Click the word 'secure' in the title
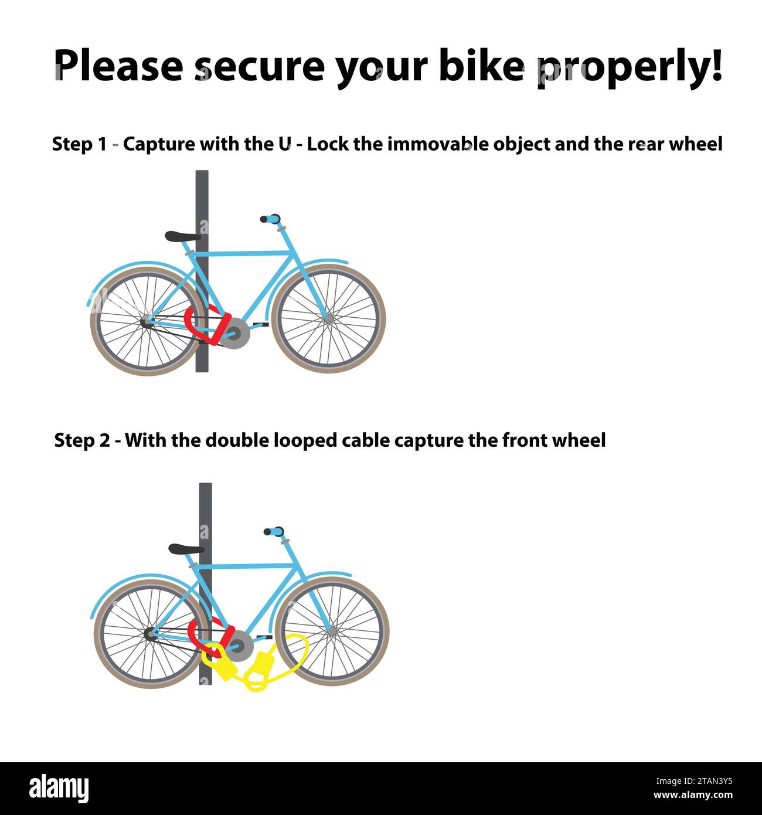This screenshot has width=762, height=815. (x=260, y=66)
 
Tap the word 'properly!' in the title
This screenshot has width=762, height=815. (x=629, y=68)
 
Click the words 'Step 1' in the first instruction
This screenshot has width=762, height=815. (x=79, y=144)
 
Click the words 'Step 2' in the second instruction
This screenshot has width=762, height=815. (x=82, y=440)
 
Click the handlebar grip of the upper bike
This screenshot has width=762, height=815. (x=270, y=219)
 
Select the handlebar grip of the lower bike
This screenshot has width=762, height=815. (x=274, y=531)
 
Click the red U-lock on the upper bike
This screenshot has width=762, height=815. (x=206, y=325)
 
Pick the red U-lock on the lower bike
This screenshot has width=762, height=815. (x=210, y=637)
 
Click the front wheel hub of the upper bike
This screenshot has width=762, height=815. (x=328, y=318)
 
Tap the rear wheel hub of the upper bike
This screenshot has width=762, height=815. (x=146, y=322)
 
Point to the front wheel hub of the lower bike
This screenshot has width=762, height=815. (x=332, y=631)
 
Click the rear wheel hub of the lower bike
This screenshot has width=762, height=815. (x=149, y=634)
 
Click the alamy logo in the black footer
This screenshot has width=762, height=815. (x=59, y=789)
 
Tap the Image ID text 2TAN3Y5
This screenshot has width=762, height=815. (x=694, y=781)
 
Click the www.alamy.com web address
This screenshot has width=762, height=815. (x=693, y=795)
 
